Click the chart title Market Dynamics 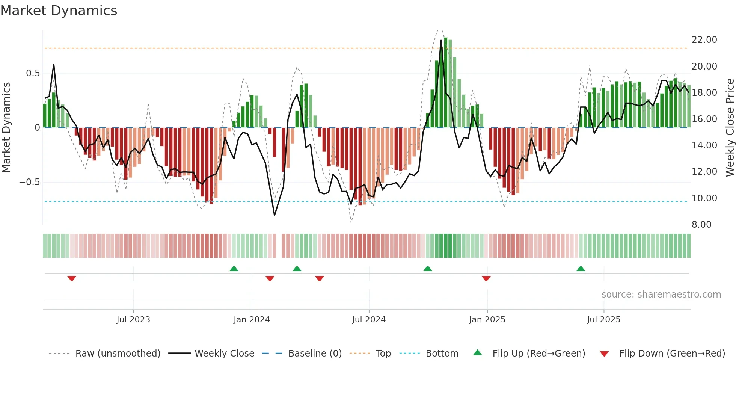pos(59,11)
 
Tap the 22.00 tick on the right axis pos(704,40)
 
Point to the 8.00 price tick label pos(701,225)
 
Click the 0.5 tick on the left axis pos(33,73)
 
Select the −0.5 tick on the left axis pos(29,182)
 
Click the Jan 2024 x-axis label pos(252,320)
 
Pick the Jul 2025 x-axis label pos(603,320)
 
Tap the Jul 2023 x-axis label pos(133,320)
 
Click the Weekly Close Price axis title pos(730,128)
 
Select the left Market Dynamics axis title pos(6,128)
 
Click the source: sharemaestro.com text pos(661,295)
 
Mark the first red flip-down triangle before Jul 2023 pos(72,278)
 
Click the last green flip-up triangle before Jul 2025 pos(581,269)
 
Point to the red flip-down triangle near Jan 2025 pos(486,278)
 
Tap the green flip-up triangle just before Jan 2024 pos(234,269)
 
